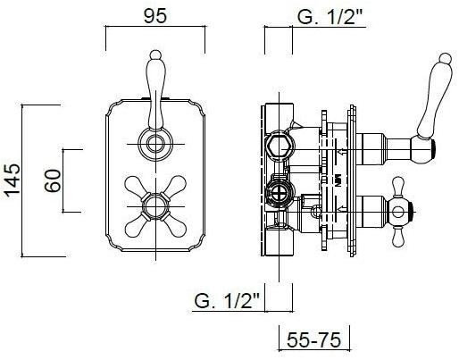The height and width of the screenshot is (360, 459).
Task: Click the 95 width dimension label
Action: coord(155,16)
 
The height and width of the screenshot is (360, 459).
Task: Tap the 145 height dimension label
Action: coord(13,180)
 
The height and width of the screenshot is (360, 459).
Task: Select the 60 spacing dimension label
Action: coord(53,180)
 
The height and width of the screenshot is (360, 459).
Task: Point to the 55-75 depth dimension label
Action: coord(313,339)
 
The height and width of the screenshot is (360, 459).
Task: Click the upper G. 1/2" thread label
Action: coord(331,17)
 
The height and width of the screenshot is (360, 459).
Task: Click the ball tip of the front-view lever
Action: coord(155,54)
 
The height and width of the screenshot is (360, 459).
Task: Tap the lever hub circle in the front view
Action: coord(155,144)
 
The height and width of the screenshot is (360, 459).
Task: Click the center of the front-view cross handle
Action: coord(155,206)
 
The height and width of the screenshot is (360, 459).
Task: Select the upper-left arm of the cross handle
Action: coord(135,186)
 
